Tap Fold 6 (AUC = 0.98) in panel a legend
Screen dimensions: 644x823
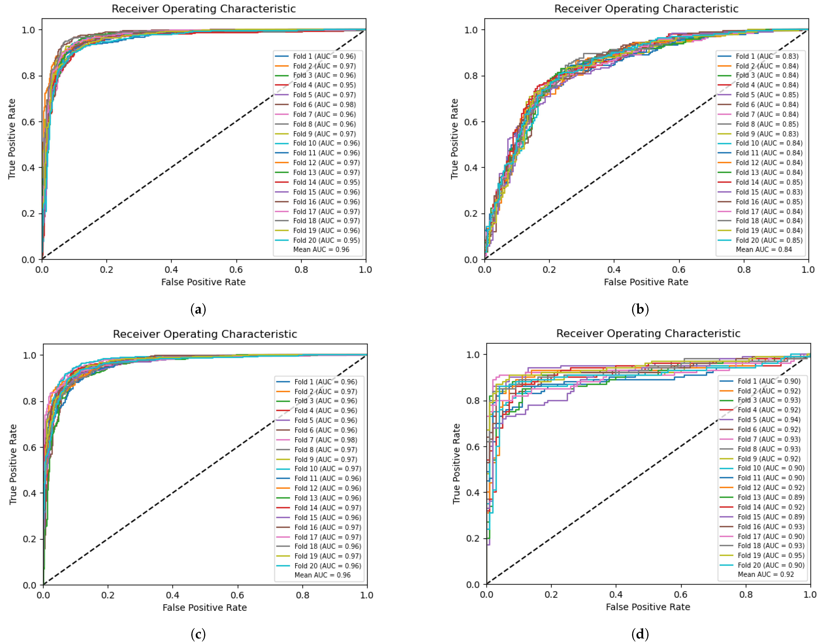pyautogui.click(x=324, y=104)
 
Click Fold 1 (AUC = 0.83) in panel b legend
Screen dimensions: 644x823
pyautogui.click(x=767, y=56)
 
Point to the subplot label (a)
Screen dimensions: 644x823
pyautogui.click(x=198, y=309)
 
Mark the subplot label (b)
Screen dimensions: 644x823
pyautogui.click(x=640, y=309)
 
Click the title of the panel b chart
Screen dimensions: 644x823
pyautogui.click(x=646, y=9)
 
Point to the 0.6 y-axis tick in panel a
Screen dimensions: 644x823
pyautogui.click(x=28, y=122)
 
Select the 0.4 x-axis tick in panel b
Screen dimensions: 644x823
pyautogui.click(x=614, y=270)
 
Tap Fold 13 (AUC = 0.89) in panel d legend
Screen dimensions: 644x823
pyautogui.click(x=771, y=497)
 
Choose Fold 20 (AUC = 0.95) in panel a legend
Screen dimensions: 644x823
pyautogui.click(x=326, y=240)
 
